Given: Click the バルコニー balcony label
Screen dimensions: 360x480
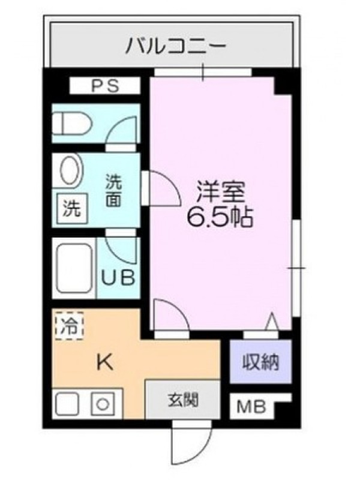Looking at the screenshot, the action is pos(176,46).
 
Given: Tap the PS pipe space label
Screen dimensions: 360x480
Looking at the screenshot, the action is pos(106,86).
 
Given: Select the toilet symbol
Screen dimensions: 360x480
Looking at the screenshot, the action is pos(72,124).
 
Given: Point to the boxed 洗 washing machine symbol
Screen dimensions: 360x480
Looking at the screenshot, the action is pos(72,208).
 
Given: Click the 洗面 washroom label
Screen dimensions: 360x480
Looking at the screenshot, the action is pos(113,190).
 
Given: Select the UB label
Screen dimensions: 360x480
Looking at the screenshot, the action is pos(118,278).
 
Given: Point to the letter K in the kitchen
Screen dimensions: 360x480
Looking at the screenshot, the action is pos(105,362).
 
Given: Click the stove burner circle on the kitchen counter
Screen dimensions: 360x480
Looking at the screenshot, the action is pos(103,404).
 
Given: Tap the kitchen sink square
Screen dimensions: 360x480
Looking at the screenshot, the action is pos(67,404).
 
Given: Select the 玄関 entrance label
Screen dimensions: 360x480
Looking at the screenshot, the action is pos(183,400).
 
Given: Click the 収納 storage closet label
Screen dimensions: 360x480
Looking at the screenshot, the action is pos(261,362).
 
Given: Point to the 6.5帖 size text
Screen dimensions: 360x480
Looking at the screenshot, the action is pos(220,217).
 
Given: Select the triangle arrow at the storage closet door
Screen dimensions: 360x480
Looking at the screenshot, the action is pos(272,322).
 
